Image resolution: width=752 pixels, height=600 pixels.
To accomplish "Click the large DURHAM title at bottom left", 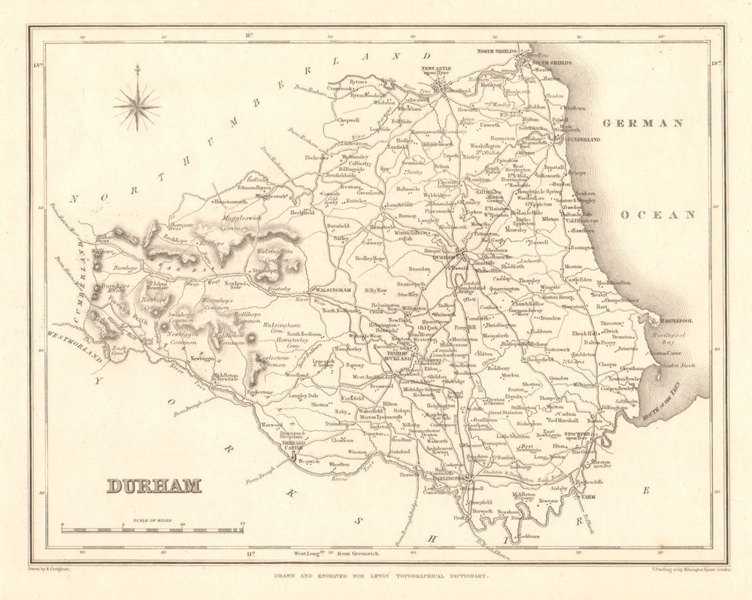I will coord(154,485).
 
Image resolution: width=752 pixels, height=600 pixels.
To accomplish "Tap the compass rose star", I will coord(137,105).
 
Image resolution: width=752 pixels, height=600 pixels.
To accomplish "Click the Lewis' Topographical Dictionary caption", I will coord(376,576).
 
